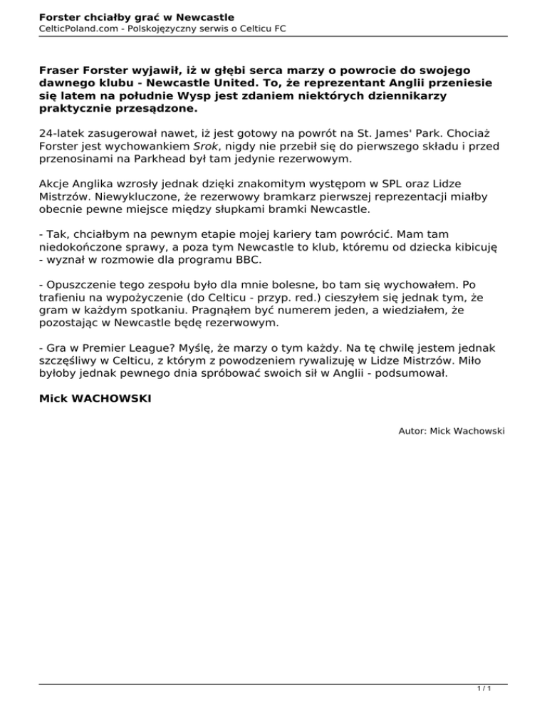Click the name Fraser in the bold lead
tap(60, 71)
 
